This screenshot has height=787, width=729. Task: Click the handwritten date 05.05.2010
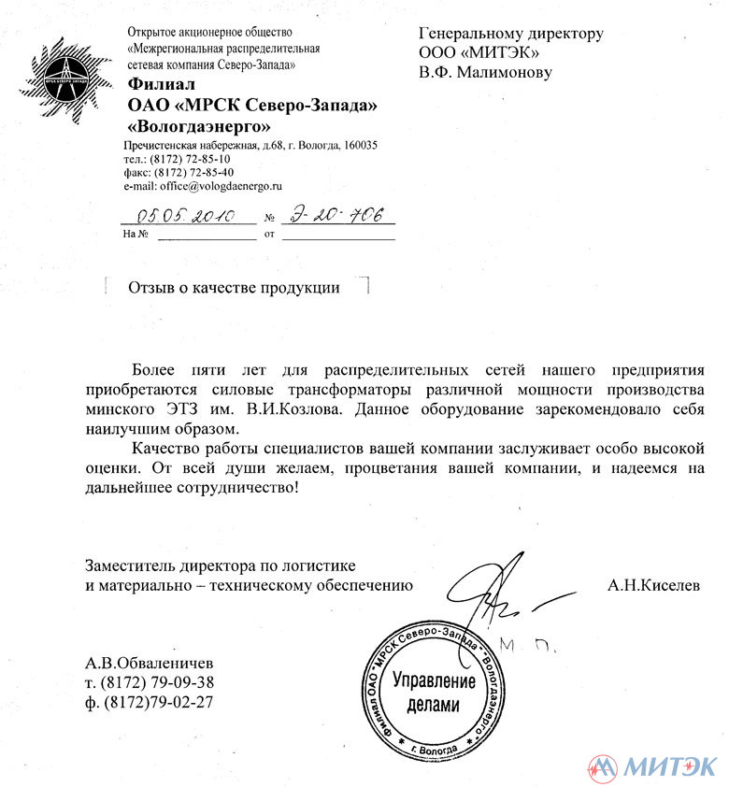187,216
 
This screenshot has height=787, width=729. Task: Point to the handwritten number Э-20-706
339,216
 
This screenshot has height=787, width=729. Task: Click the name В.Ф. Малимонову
485,72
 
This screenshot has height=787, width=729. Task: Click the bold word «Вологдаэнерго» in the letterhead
199,124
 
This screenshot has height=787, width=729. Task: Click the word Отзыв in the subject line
151,288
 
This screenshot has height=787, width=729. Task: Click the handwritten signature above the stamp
505,598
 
